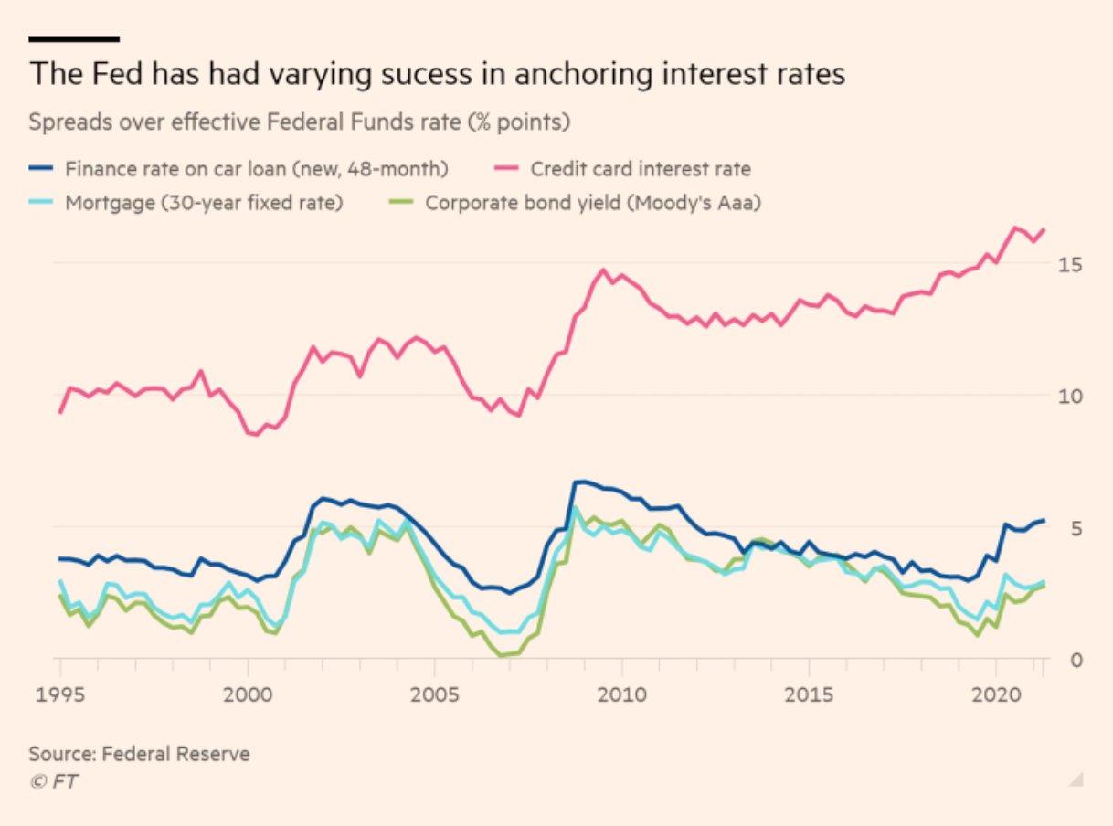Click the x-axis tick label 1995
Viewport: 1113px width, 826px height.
pyautogui.click(x=60, y=694)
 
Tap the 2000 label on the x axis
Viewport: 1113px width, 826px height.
pyautogui.click(x=248, y=694)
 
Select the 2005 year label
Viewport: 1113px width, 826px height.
pyautogui.click(x=435, y=694)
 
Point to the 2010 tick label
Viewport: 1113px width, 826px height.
pyautogui.click(x=621, y=694)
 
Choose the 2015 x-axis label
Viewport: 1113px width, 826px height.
pyautogui.click(x=809, y=694)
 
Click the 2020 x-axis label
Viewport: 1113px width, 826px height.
pyautogui.click(x=996, y=694)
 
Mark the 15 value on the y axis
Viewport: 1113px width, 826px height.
pyautogui.click(x=1070, y=265)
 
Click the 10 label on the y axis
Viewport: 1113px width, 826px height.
pyautogui.click(x=1070, y=397)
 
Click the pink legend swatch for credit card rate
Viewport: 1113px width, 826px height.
pyautogui.click(x=508, y=168)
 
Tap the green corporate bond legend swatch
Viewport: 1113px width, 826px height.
pyautogui.click(x=404, y=202)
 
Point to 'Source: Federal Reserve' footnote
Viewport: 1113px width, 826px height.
pyautogui.click(x=139, y=754)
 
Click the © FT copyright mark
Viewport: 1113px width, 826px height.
pyautogui.click(x=53, y=781)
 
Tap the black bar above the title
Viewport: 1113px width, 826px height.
pyautogui.click(x=74, y=38)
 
